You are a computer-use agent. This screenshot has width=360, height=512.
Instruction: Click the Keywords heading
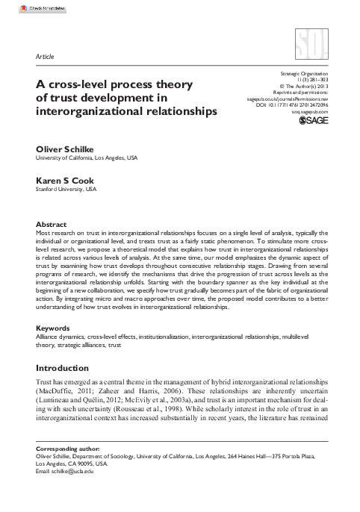click(x=54, y=349)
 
